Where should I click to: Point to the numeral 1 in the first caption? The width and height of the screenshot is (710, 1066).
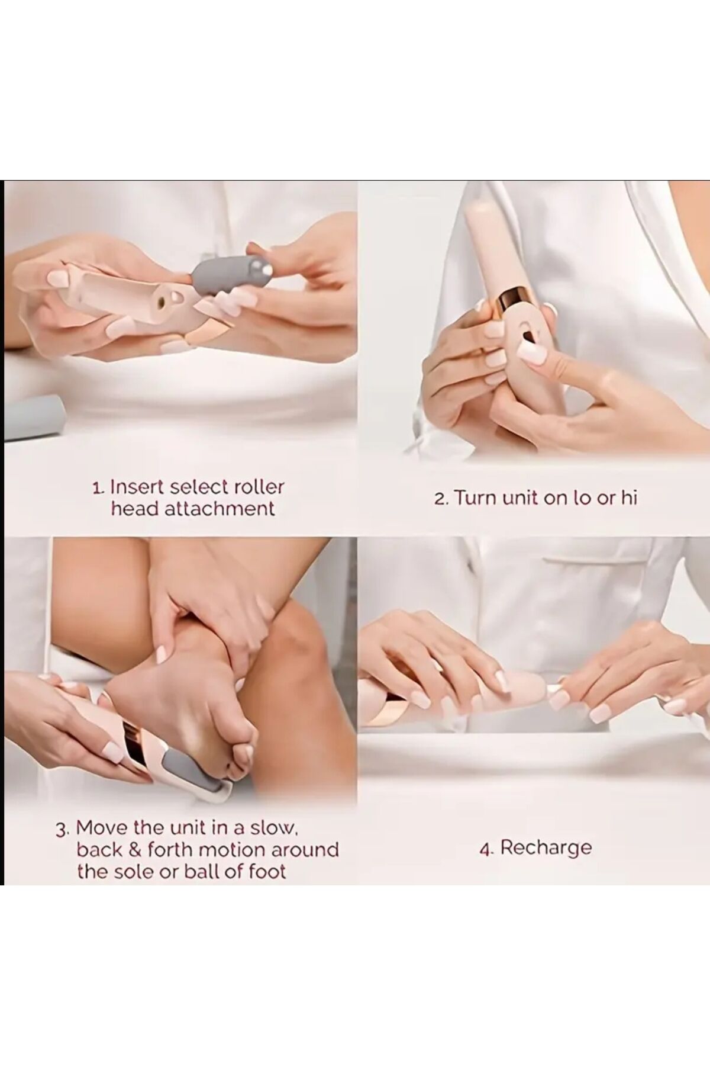[x=98, y=488]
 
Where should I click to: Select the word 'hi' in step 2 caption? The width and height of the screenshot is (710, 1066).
[x=629, y=497]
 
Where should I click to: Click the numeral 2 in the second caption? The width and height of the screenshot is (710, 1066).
[x=440, y=499]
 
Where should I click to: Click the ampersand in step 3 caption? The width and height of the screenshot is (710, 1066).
[x=135, y=850]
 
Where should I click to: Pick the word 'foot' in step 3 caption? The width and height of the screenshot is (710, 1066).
[x=265, y=872]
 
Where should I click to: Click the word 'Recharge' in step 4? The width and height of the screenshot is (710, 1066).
[x=546, y=847]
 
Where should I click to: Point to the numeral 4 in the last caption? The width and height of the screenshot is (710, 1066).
[x=486, y=849]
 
